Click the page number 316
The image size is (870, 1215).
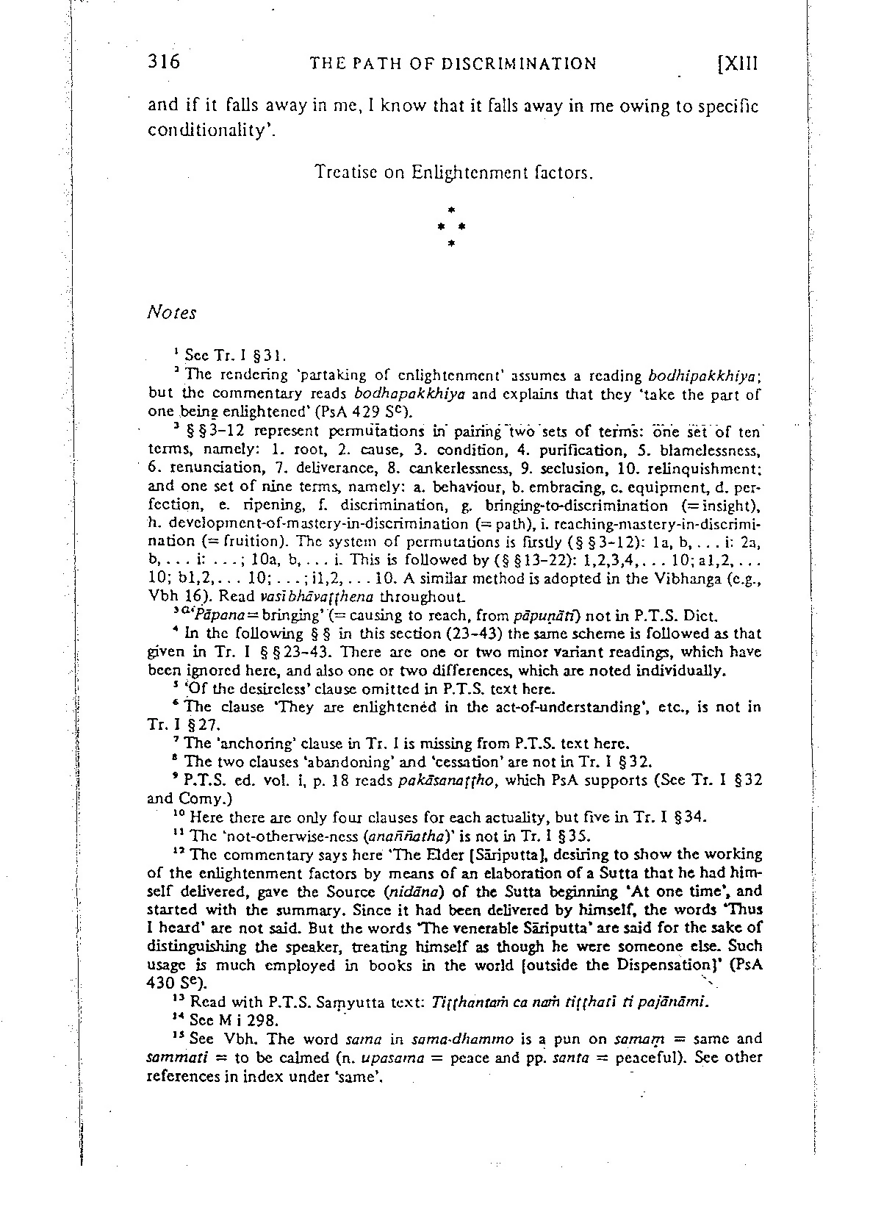(x=164, y=62)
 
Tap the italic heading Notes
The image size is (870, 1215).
(x=172, y=313)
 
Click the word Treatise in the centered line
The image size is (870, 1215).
(x=342, y=173)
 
